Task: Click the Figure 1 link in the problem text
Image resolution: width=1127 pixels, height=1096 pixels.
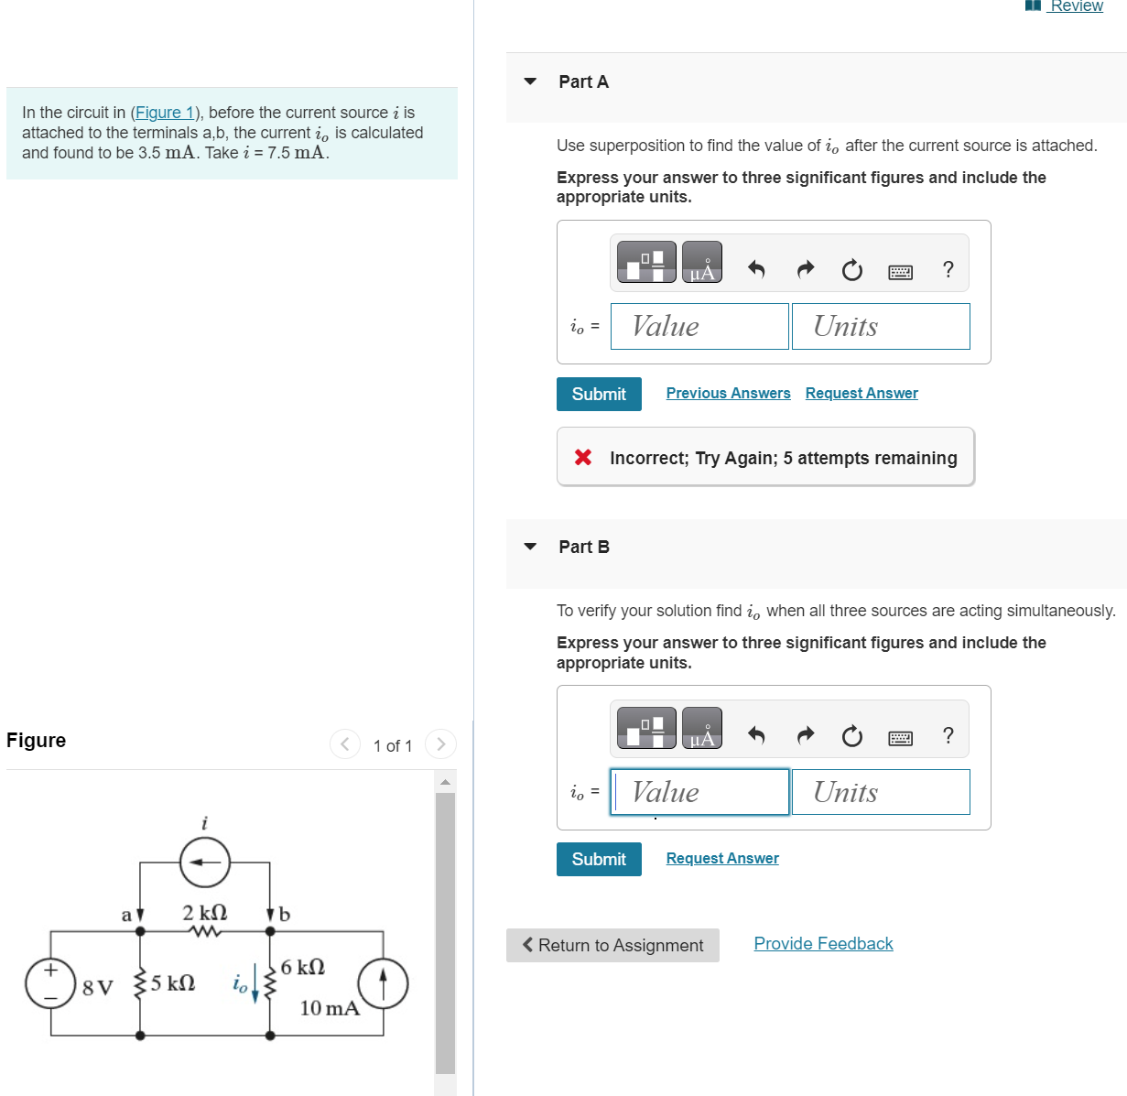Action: coord(165,113)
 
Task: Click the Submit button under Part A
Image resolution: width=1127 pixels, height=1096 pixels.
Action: coord(599,394)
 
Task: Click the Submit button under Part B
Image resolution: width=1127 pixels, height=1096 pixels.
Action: coord(599,859)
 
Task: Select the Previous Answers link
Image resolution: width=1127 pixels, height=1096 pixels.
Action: coord(728,393)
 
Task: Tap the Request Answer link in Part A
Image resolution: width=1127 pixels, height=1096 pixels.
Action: coord(862,393)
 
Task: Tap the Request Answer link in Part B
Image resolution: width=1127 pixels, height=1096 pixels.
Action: coord(722,858)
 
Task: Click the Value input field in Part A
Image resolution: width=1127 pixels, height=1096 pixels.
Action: coord(699,327)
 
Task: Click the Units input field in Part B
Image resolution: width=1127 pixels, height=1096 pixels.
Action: coord(880,792)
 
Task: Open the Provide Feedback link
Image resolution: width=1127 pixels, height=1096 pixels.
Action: coord(823,944)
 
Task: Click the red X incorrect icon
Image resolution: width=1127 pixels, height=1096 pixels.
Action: coord(583,457)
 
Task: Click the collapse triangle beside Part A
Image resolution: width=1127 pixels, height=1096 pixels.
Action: coord(530,81)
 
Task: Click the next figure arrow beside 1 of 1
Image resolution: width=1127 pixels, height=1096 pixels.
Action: coord(440,744)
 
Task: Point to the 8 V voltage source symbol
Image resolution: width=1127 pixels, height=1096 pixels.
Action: coord(50,983)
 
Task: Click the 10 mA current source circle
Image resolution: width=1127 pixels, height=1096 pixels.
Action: coord(383,983)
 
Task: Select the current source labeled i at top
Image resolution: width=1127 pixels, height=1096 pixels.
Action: coord(205,863)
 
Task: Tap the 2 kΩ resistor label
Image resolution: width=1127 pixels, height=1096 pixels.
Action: coord(204,913)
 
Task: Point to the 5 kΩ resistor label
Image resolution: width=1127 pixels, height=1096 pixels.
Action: coord(172,983)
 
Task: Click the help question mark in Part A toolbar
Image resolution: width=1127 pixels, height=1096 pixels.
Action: coord(948,269)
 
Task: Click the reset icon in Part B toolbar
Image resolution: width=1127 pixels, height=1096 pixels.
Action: coord(851,736)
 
